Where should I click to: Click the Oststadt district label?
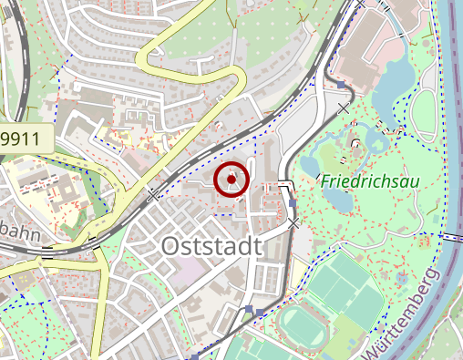click(x=211, y=245)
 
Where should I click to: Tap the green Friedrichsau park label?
click(x=369, y=181)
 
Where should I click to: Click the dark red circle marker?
click(x=232, y=180)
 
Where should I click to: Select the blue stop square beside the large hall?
click(x=340, y=85)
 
